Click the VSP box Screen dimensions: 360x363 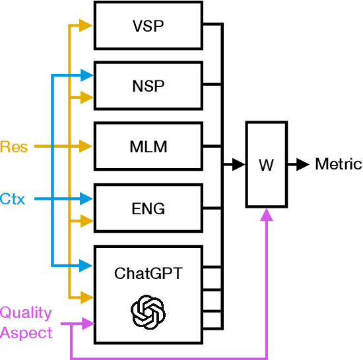point(148,26)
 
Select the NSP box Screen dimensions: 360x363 point(148,85)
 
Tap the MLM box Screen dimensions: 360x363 point(148,146)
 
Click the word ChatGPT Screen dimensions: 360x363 point(148,273)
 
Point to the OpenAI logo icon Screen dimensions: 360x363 point(148,310)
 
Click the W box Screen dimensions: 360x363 point(266,164)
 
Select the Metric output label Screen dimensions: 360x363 point(338,164)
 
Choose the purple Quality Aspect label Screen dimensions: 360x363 point(26,322)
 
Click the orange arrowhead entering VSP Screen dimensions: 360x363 point(85,26)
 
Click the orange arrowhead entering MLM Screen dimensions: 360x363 point(85,146)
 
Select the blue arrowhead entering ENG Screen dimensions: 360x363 point(85,198)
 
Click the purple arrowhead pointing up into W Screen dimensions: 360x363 point(266,215)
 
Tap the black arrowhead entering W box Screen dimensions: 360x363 point(236,164)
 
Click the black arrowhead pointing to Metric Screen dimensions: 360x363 point(302,164)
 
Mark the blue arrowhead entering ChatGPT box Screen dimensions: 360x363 point(85,266)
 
